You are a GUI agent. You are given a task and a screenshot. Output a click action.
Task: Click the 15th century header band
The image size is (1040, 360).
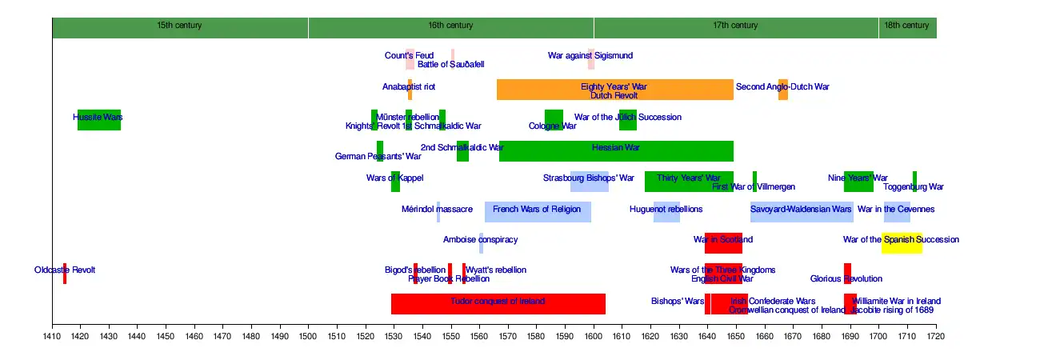pos(180,26)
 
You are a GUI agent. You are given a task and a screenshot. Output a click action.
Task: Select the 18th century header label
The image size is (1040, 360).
pos(907,26)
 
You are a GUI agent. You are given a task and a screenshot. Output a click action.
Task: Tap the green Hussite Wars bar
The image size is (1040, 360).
pos(99,120)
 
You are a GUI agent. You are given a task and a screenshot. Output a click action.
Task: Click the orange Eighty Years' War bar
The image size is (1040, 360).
pos(614,90)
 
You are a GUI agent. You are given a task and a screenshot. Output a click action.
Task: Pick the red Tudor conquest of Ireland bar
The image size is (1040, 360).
pos(498,304)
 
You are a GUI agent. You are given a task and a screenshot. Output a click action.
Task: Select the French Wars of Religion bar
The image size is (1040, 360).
pos(538,212)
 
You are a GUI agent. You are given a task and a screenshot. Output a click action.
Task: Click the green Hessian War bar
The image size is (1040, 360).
pos(616,150)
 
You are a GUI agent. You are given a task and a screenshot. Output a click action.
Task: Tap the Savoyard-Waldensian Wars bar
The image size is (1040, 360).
pos(802,212)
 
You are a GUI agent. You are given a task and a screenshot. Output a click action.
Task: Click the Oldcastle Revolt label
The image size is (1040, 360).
pos(65,270)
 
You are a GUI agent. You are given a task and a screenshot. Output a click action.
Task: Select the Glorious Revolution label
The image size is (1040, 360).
pos(846,279)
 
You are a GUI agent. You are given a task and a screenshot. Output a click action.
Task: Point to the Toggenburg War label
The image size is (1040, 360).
pos(914,187)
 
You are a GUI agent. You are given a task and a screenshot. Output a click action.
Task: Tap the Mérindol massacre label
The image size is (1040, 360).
pos(437,210)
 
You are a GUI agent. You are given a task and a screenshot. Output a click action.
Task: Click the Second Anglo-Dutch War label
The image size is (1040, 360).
pos(783,86)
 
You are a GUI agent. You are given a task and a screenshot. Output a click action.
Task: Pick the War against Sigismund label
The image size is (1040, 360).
pos(590,56)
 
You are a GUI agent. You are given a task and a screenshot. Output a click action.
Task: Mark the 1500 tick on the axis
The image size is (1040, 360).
pos(308,326)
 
